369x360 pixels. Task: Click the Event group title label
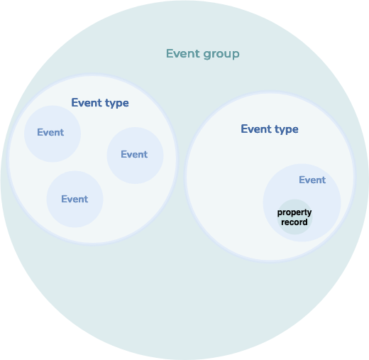click(203, 54)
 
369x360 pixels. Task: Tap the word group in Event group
click(221, 55)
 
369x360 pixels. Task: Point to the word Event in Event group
click(183, 53)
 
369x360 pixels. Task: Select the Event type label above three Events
click(100, 103)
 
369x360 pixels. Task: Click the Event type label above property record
click(270, 129)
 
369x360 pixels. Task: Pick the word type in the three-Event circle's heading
click(117, 104)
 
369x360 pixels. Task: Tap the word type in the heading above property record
click(287, 130)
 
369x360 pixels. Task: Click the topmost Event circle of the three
click(53, 133)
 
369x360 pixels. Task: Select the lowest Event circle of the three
click(75, 199)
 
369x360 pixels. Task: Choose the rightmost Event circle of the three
click(135, 156)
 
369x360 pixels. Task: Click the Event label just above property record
click(312, 180)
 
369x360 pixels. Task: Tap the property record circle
click(294, 217)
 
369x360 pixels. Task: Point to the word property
click(294, 212)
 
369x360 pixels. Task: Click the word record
click(294, 222)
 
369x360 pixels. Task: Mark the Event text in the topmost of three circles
click(50, 132)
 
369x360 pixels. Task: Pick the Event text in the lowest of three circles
click(75, 199)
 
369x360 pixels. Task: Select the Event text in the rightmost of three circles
click(134, 154)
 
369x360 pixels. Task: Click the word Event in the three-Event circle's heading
click(87, 102)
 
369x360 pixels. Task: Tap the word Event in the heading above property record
click(256, 129)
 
